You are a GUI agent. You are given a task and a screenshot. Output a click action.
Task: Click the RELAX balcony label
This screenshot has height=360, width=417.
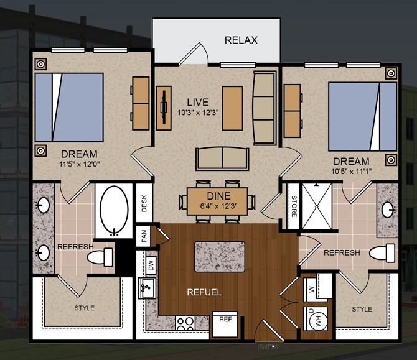[241, 40]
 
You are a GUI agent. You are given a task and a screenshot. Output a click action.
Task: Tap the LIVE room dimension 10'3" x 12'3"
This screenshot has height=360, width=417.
[198, 113]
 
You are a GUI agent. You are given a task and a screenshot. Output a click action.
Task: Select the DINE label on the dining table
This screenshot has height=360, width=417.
[218, 196]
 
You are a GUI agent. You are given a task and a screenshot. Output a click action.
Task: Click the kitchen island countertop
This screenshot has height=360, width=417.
[220, 257]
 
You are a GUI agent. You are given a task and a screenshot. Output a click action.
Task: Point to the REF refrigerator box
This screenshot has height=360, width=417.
[225, 324]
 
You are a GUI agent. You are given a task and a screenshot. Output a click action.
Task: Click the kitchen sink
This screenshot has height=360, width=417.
[147, 288]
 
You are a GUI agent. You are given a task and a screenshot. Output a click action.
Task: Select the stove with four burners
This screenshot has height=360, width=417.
[185, 323]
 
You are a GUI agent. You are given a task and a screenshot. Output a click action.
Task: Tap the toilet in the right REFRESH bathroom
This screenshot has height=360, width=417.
[382, 252]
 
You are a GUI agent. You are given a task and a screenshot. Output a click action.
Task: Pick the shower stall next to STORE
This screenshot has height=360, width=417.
[317, 206]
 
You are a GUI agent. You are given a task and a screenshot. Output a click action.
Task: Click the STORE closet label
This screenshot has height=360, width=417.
[294, 206]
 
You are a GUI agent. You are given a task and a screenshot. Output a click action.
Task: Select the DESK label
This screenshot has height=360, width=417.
[144, 203]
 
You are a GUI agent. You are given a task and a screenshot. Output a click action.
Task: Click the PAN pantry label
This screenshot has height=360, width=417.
[144, 236]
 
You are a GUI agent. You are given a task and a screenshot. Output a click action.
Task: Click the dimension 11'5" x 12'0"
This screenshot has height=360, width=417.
[79, 164]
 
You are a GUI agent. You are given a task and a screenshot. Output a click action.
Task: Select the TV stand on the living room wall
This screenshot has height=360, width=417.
[164, 108]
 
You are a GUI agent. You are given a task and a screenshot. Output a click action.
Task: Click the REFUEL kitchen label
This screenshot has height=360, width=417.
[204, 292]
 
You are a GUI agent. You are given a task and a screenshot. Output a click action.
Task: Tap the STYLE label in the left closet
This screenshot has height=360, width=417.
[84, 308]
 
